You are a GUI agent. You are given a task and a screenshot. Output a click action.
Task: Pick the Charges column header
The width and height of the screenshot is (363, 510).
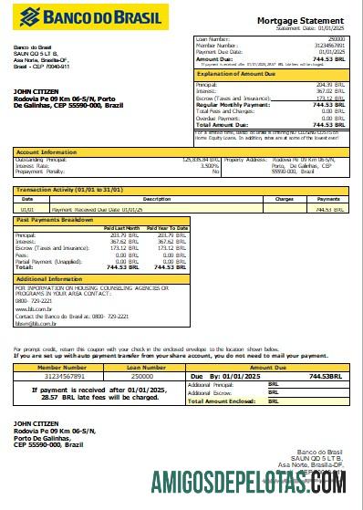(x=284, y=198)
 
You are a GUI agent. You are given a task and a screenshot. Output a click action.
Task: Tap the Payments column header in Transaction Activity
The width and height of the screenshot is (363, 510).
(x=327, y=198)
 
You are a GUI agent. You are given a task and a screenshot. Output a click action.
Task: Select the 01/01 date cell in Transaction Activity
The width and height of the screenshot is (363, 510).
(x=26, y=209)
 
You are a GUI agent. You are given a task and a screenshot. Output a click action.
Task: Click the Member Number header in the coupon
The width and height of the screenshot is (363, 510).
(x=59, y=367)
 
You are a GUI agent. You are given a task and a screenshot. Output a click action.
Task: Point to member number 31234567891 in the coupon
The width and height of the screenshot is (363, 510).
(x=59, y=376)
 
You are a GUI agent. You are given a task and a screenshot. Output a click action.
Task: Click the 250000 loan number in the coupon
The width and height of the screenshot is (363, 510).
(x=141, y=376)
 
